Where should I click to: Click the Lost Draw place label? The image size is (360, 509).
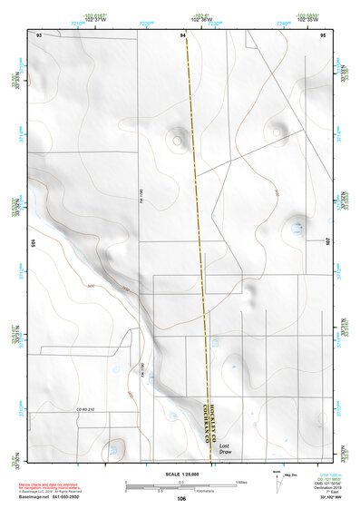225,449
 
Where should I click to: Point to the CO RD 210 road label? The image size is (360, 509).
86,410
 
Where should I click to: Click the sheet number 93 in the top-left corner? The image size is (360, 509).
39,34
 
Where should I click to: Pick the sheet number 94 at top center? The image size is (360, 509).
183,34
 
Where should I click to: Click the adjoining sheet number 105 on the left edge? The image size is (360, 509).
33,243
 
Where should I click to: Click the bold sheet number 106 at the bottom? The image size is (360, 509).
181,499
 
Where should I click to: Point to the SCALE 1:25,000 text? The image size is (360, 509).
181,475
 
